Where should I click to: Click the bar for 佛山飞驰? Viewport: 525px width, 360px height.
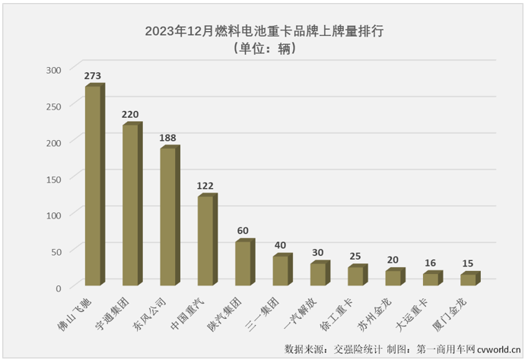[x=93, y=186]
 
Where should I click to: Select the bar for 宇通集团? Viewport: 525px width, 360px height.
[x=130, y=205]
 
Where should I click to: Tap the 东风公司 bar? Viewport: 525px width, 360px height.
[x=167, y=218]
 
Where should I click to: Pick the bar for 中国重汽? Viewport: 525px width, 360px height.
[x=205, y=241]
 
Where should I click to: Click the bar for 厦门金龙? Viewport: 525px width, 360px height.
[x=467, y=280]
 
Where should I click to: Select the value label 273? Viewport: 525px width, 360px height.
[x=93, y=75]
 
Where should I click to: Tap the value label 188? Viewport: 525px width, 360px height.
[x=167, y=138]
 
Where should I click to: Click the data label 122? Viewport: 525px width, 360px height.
[x=205, y=186]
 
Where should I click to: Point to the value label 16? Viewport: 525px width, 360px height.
[x=430, y=263]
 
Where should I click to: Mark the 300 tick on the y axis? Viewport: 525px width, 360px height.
[x=52, y=70]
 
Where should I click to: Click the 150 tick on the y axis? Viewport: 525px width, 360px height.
[x=52, y=179]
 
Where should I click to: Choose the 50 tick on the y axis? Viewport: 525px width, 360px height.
[x=56, y=251]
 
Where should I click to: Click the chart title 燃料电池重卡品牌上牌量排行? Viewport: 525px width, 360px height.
[x=262, y=32]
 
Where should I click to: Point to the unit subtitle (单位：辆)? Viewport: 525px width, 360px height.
[x=262, y=49]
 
